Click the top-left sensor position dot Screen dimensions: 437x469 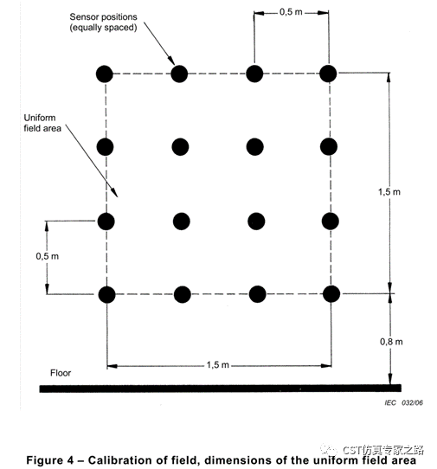coord(105,74)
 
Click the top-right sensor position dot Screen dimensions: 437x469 coord(328,74)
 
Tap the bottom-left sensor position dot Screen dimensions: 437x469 coord(106,294)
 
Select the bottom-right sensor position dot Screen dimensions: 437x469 coord(331,294)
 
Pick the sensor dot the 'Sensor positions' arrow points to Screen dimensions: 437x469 coord(179,74)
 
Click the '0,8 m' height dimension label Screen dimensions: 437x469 coord(391,342)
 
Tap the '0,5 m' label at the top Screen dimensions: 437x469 coord(291,12)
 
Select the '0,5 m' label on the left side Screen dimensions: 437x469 coord(48,256)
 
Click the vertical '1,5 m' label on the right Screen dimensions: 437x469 coord(389,192)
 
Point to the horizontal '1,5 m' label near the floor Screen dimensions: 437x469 coord(218,365)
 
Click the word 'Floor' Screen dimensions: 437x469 coord(61,373)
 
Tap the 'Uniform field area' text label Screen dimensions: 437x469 coord(42,123)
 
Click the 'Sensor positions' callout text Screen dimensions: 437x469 coord(104,16)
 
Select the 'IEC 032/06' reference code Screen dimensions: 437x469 coord(404,402)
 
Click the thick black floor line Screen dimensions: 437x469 coord(220,389)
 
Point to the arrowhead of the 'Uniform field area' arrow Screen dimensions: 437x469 coord(115,193)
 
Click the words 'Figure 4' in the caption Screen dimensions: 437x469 coord(49,460)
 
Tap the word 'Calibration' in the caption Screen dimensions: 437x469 coord(118,460)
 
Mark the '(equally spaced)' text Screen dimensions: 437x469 coord(104,28)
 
